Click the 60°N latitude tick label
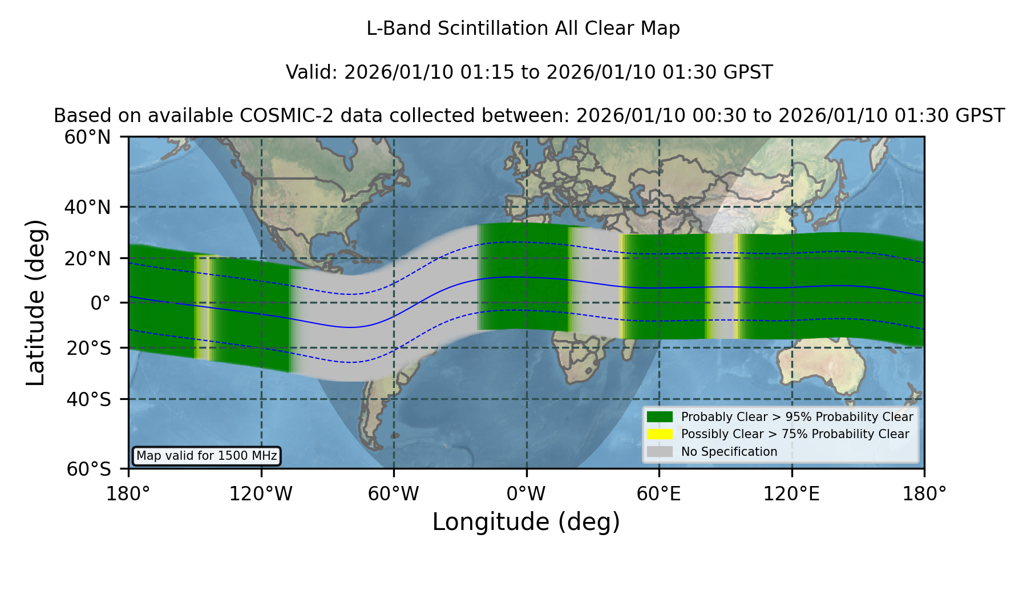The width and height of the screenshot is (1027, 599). [x=87, y=137]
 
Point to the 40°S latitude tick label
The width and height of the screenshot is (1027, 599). [x=88, y=399]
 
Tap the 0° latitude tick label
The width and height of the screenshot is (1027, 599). [x=100, y=303]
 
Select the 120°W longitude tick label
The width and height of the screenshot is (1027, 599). [x=261, y=494]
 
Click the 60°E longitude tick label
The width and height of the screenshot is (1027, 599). [x=658, y=494]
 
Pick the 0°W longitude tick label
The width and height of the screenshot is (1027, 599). [x=526, y=494]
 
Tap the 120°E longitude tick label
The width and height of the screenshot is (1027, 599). [x=791, y=494]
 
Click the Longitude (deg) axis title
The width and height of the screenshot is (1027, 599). [x=526, y=522]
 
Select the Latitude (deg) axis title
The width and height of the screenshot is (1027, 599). [x=35, y=302]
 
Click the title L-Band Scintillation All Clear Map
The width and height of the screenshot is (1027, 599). [x=523, y=29]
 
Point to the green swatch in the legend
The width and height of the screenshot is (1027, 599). [x=660, y=416]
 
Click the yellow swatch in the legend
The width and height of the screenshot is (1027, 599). [x=660, y=434]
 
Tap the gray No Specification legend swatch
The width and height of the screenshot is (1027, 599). [x=660, y=452]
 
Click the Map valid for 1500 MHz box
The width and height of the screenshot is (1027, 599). [x=207, y=456]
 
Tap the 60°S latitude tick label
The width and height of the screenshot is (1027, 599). [x=88, y=469]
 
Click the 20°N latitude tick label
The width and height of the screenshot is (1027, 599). [x=87, y=258]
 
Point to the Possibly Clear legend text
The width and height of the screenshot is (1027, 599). [x=795, y=434]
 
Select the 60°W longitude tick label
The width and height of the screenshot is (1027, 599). [x=393, y=494]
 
